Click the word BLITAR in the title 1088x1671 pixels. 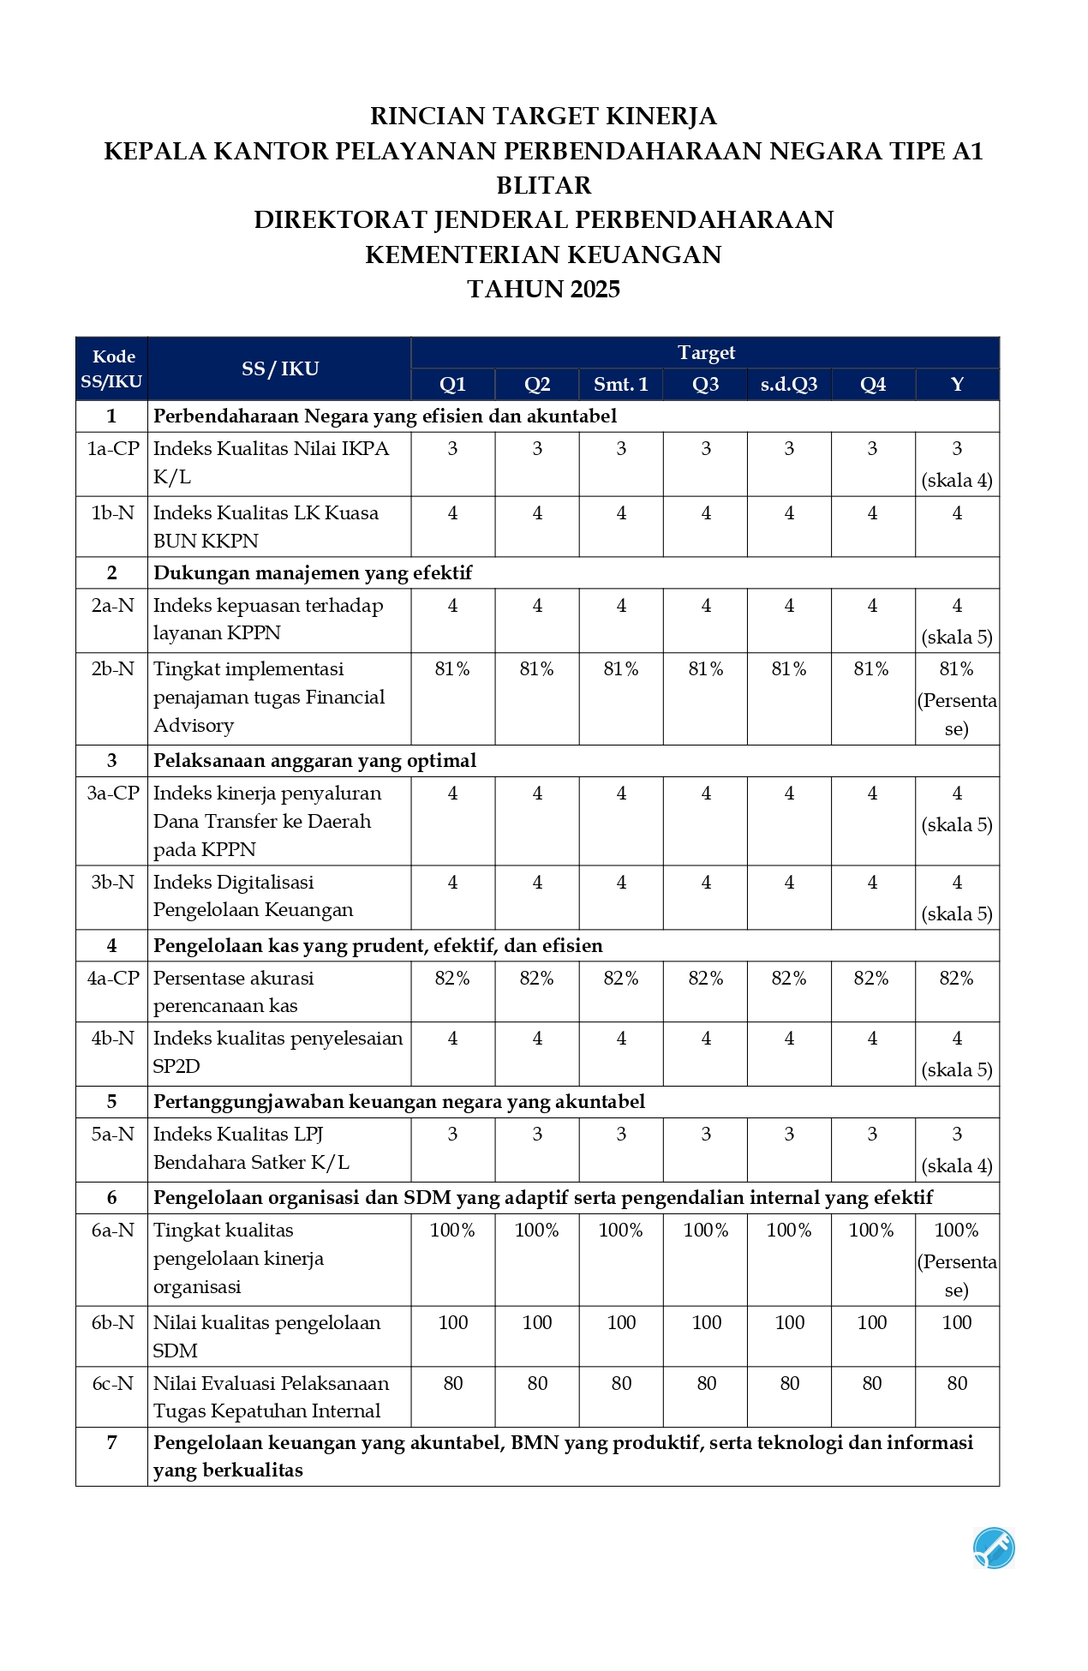coord(544,186)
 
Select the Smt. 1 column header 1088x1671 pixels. coord(621,385)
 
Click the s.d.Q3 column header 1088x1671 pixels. coord(789,385)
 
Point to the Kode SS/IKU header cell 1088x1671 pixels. coord(111,369)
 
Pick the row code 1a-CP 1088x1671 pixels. coord(112,449)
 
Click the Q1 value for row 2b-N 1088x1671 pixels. coord(452,669)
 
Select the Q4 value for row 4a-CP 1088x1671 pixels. coord(871,979)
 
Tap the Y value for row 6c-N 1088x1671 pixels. coord(957,1383)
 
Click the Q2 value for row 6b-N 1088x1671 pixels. coord(537,1323)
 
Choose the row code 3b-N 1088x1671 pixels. coord(112,883)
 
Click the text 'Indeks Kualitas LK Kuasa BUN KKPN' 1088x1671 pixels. coord(266,527)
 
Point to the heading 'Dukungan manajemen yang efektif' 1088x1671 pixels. coord(313,573)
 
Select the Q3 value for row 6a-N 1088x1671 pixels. coord(706,1231)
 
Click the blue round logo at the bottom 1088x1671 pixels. coord(994,1548)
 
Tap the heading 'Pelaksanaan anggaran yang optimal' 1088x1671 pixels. coord(314,761)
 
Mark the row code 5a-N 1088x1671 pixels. coord(112,1135)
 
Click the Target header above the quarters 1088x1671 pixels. coord(706,353)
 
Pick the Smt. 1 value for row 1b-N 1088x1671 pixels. coord(621,513)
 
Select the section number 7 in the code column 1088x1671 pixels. coord(112,1443)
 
